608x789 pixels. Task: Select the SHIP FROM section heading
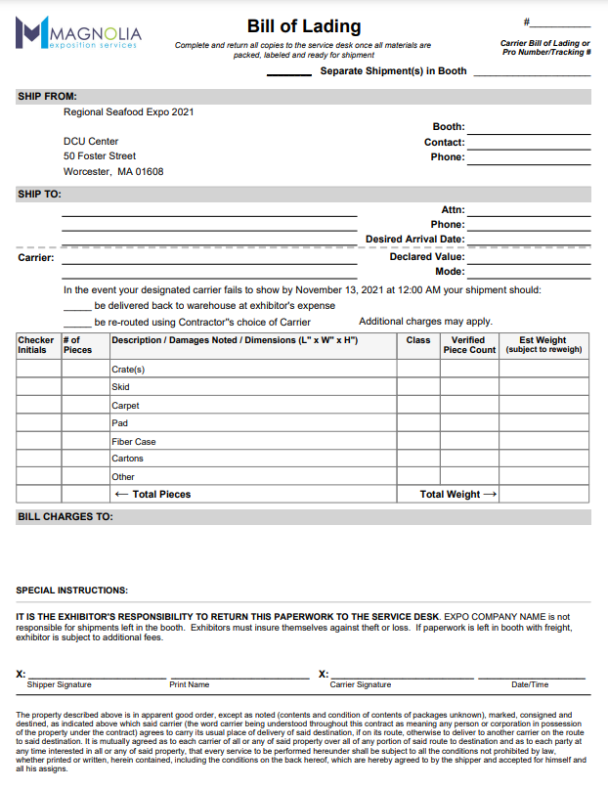point(47,97)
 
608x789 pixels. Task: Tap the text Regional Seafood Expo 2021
point(128,112)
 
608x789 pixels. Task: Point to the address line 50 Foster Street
point(100,156)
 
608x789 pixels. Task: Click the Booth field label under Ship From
point(449,127)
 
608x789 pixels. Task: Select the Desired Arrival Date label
point(414,240)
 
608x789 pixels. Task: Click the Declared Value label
point(427,257)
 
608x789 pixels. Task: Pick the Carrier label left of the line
point(36,258)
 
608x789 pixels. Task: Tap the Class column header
point(418,340)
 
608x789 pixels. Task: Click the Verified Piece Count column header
point(469,345)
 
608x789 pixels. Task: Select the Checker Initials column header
point(36,345)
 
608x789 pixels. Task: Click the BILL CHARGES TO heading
point(65,516)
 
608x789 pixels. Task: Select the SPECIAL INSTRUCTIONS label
point(71,591)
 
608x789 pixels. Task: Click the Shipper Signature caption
point(60,685)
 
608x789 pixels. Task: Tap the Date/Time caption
point(530,685)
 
